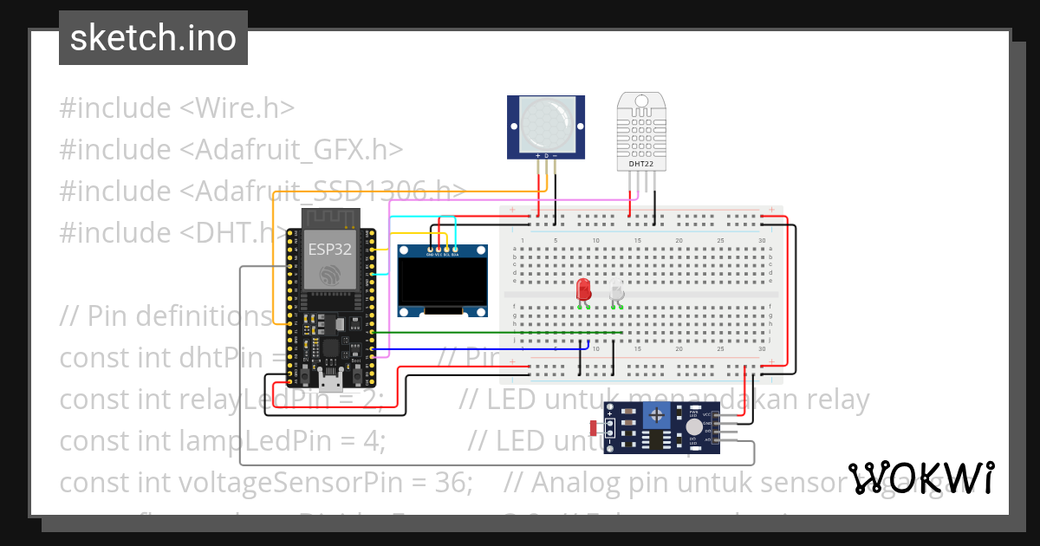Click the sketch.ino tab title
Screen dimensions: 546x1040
point(153,38)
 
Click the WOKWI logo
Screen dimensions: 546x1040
point(920,478)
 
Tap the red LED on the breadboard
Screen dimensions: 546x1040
point(583,289)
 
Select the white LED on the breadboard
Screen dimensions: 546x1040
point(616,290)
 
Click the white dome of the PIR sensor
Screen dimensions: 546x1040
point(545,121)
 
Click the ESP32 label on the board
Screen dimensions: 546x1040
point(330,250)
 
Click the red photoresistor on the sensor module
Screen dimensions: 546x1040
point(594,427)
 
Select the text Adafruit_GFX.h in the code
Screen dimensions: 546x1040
point(291,150)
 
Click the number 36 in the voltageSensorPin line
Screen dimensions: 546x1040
point(458,482)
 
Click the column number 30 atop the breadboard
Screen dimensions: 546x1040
point(762,240)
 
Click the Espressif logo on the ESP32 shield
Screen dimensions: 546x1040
point(330,275)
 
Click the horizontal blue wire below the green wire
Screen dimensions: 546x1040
point(485,349)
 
